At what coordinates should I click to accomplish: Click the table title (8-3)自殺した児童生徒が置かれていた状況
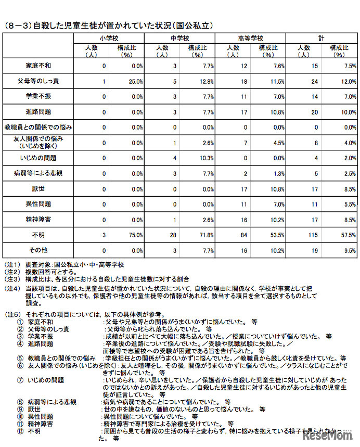[109, 25]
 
